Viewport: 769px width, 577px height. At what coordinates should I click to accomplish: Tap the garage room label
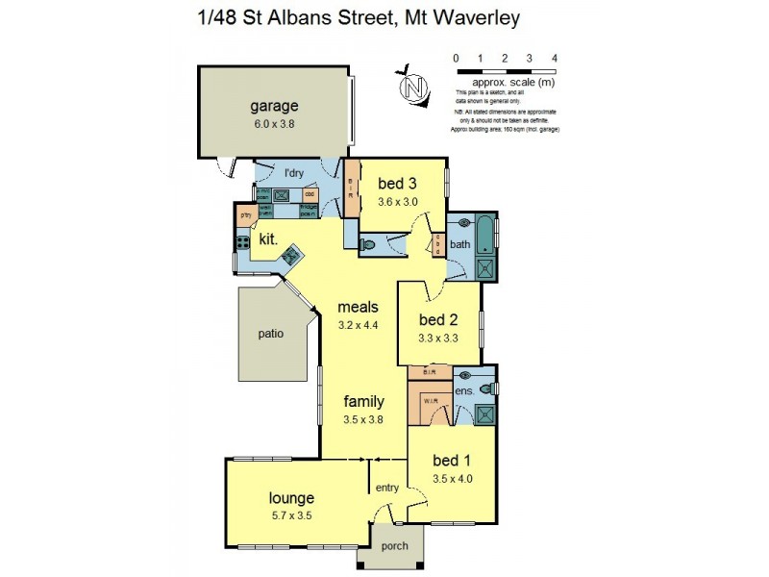click(274, 106)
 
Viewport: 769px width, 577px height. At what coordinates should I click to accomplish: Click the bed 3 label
click(396, 184)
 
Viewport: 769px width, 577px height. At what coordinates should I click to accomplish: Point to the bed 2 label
click(437, 319)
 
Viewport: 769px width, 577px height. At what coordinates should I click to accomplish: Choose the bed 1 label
click(452, 462)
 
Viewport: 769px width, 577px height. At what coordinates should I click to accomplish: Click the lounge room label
click(291, 498)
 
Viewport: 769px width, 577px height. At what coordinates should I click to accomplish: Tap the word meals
click(359, 308)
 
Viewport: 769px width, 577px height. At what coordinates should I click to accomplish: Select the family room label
click(364, 401)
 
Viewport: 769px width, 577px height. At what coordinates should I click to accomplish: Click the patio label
click(271, 335)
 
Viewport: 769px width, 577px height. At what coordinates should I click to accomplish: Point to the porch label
click(394, 546)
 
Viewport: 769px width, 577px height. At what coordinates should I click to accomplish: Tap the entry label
click(387, 489)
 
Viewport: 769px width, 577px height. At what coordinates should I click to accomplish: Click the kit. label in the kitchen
click(268, 238)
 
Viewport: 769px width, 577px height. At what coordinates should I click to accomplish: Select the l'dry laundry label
click(294, 174)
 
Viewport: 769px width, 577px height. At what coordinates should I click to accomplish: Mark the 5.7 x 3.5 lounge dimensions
click(291, 515)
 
